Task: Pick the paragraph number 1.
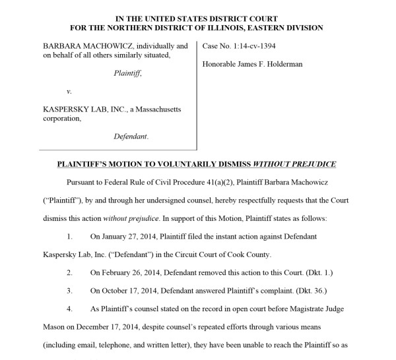click(71, 236)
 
